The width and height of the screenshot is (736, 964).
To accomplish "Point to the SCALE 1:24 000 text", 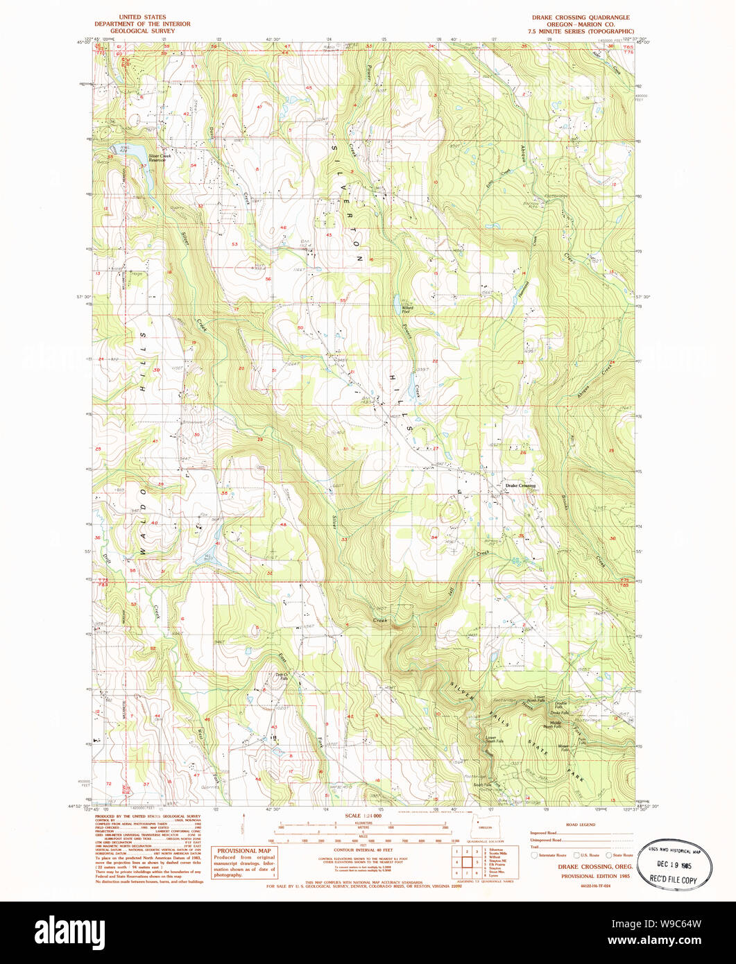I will (x=362, y=816).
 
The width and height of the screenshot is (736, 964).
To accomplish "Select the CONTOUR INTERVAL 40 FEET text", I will (x=363, y=850).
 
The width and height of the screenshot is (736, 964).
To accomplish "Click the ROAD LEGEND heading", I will (x=581, y=825).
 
